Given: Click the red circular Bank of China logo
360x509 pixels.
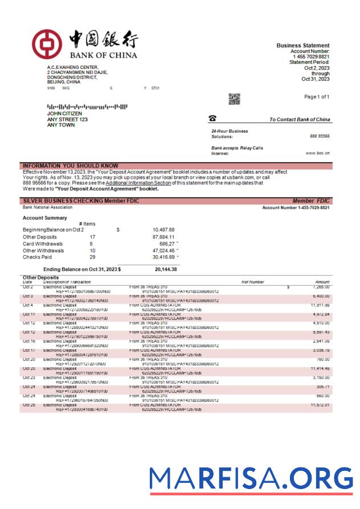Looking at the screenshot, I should tap(46, 44).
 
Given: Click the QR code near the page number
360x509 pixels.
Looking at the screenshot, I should tap(234, 99).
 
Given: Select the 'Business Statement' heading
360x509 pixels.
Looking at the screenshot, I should tap(302, 46).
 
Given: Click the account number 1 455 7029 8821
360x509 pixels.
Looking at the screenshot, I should tap(311, 57).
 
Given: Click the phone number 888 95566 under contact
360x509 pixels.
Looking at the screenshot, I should tap(320, 137).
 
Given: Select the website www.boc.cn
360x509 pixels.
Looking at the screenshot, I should tap(317, 153).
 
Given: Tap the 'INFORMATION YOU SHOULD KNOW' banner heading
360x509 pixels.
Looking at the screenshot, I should tap(70, 166).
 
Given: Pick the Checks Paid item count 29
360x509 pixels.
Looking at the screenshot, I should tap(92, 257).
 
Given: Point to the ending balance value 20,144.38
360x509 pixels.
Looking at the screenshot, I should tap(166, 269).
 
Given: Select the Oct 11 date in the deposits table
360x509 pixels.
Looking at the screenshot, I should tap(29, 314).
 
